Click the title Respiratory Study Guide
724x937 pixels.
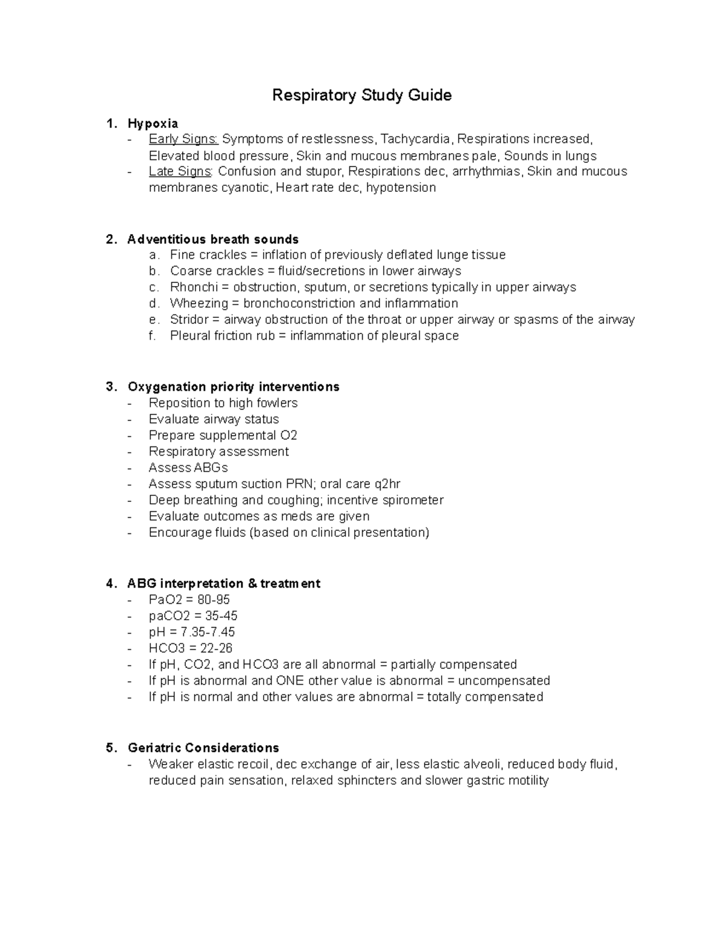pyautogui.click(x=361, y=95)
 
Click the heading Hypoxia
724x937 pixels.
pyautogui.click(x=153, y=124)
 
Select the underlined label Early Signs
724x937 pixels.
pyautogui.click(x=183, y=139)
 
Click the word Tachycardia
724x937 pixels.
pyautogui.click(x=415, y=139)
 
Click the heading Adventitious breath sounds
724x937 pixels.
pyautogui.click(x=213, y=240)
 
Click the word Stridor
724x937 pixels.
pyautogui.click(x=189, y=320)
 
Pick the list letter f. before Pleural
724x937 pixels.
pyautogui.click(x=153, y=336)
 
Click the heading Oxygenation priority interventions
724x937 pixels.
pyautogui.click(x=233, y=387)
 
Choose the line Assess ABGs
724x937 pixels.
pyautogui.click(x=188, y=468)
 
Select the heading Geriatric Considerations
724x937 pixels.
pyautogui.click(x=203, y=748)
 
